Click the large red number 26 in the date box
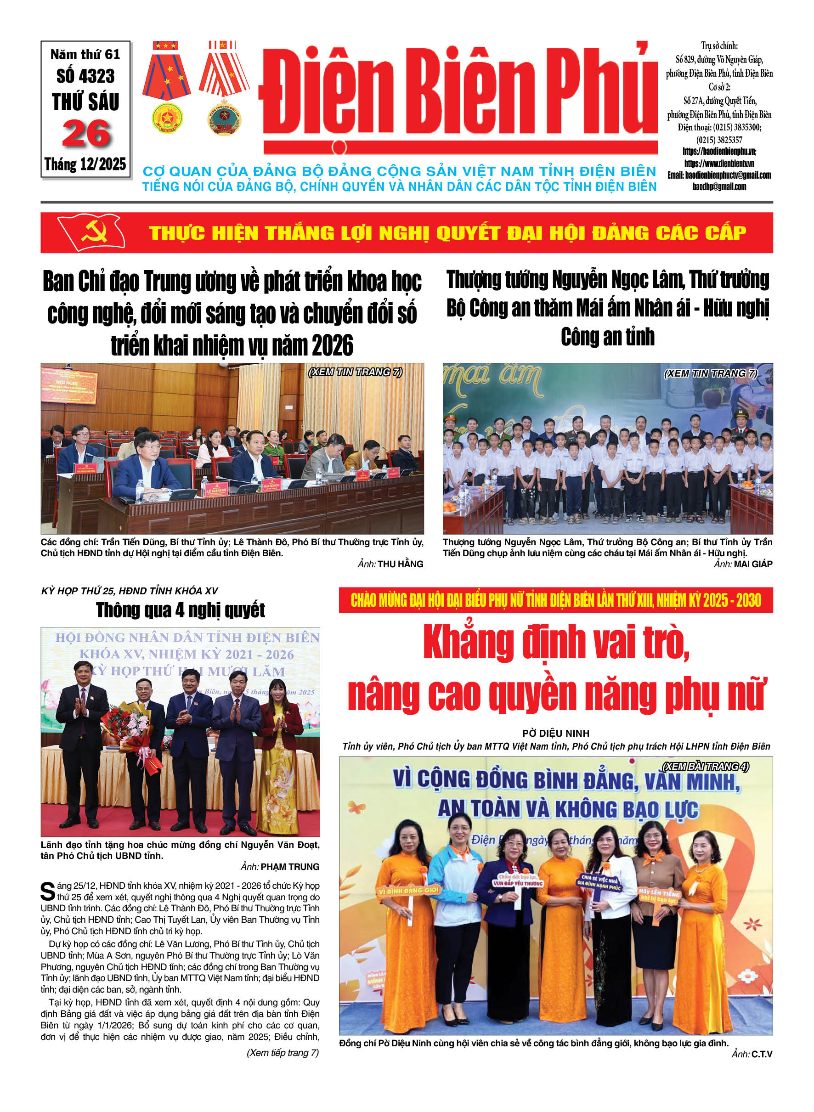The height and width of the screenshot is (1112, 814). (x=86, y=134)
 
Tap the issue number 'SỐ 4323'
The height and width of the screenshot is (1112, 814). (x=85, y=76)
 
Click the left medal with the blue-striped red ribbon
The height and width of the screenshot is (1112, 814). (x=167, y=87)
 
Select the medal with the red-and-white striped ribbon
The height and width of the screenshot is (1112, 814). (x=224, y=87)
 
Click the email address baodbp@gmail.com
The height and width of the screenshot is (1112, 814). (x=719, y=187)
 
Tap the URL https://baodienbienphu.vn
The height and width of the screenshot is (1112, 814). (x=719, y=151)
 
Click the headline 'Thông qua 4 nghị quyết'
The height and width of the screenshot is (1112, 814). (x=181, y=610)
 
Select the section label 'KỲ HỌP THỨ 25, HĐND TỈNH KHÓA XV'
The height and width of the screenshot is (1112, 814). (x=129, y=591)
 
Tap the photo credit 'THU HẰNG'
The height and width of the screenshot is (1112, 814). (x=400, y=564)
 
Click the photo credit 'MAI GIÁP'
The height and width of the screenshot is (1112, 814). (x=753, y=564)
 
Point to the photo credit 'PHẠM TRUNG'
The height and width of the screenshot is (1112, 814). (x=290, y=867)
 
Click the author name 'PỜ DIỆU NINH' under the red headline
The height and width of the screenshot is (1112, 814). (x=555, y=733)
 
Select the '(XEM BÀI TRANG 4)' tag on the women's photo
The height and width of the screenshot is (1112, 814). (x=705, y=766)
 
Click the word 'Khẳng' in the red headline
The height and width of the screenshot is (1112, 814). (x=468, y=643)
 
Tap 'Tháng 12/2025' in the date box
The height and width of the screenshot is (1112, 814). (x=85, y=164)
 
